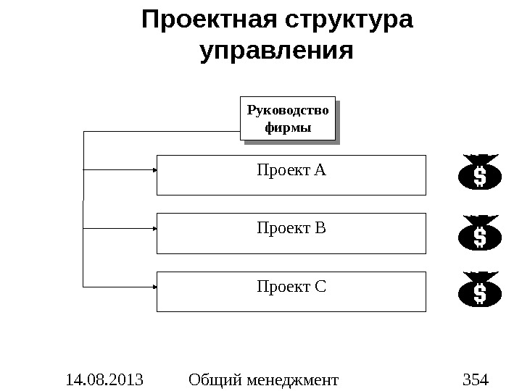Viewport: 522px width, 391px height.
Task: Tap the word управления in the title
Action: point(275,52)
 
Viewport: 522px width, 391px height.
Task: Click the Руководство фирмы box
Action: point(288,118)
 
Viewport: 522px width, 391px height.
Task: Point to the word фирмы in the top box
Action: point(288,128)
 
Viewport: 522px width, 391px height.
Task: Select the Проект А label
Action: point(291,171)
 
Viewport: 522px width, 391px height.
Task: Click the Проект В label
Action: point(291,229)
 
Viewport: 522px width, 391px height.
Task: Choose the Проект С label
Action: point(291,287)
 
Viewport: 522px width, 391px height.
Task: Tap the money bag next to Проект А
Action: point(479,174)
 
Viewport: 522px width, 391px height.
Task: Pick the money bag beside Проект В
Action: point(479,234)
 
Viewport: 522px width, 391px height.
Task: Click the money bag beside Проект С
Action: point(479,290)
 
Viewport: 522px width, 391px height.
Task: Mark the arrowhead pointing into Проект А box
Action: point(155,169)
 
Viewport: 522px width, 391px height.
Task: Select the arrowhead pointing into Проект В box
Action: point(155,228)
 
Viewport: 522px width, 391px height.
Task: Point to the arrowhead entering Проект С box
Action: point(155,286)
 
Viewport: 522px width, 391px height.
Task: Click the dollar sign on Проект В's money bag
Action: point(479,237)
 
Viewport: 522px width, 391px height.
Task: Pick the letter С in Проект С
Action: point(321,287)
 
